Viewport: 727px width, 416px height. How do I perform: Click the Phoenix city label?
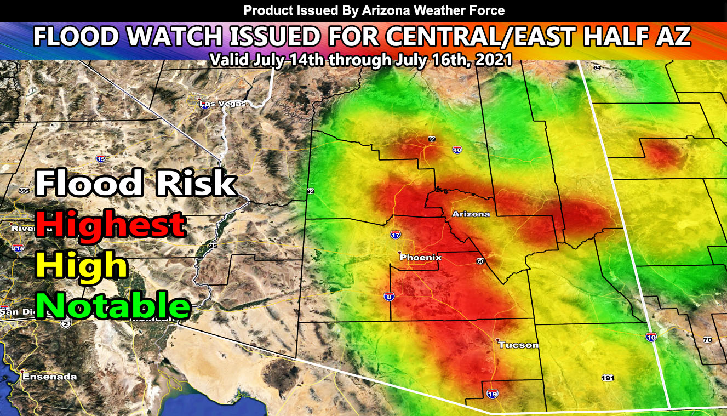(420, 258)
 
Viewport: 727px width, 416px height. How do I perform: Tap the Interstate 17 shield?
(396, 235)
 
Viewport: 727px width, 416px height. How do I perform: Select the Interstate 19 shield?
(491, 394)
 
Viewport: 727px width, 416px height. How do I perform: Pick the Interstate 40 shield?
(457, 150)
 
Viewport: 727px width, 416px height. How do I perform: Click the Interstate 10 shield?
(651, 338)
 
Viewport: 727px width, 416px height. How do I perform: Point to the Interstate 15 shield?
(101, 159)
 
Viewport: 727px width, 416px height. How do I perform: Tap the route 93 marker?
(311, 191)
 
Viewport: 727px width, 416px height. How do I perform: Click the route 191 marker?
(607, 378)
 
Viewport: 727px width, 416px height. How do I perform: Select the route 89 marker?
(432, 139)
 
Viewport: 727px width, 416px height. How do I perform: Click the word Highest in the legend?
(110, 224)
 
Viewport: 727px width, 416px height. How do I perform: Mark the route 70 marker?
(707, 340)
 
